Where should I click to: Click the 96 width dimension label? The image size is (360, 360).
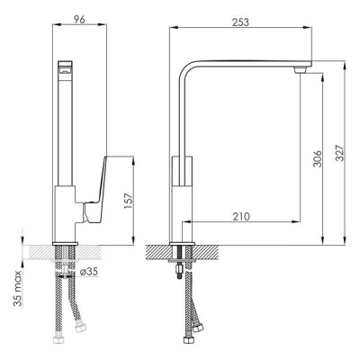point(79,19)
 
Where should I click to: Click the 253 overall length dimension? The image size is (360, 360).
point(240,22)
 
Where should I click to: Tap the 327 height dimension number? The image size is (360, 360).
point(340,153)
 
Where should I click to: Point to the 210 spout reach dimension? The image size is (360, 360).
point(241,216)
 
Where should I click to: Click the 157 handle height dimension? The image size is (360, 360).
point(128,201)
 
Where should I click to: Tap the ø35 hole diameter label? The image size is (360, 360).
point(89,272)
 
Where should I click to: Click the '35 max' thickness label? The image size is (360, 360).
point(18,289)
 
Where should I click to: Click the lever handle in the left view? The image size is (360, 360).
point(95,191)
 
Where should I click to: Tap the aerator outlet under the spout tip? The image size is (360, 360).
point(300,70)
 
